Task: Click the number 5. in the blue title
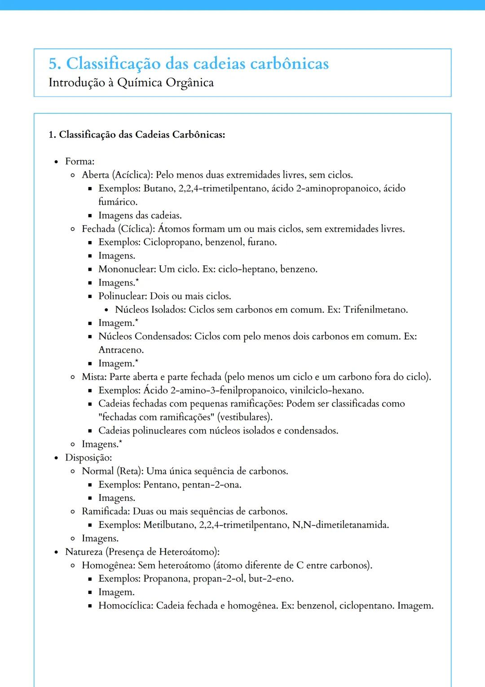[x=55, y=64]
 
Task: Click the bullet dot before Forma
[x=56, y=162]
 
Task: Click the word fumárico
[x=118, y=202]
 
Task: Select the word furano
[x=262, y=242]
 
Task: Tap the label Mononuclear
[x=127, y=269]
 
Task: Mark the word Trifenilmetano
[x=375, y=310]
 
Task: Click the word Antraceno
[x=121, y=350]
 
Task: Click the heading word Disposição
[x=88, y=458]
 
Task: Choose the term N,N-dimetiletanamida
[x=340, y=525]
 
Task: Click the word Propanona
[x=166, y=579]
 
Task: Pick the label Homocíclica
[x=126, y=606]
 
